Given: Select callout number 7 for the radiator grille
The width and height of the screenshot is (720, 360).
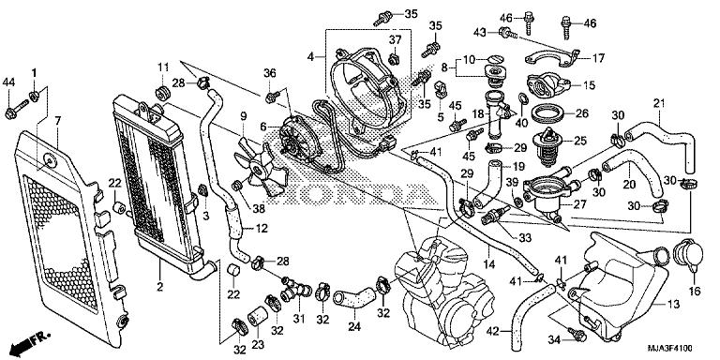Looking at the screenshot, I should tap(57, 121).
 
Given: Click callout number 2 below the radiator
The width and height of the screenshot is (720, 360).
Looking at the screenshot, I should tap(159, 285).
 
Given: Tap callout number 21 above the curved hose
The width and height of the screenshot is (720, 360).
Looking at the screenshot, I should tap(659, 103).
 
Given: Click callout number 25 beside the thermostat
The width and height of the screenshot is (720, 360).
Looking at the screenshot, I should tap(581, 141).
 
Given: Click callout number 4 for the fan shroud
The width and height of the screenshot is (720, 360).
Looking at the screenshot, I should tap(310, 57).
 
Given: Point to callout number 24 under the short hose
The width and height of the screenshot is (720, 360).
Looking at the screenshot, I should tap(353, 327).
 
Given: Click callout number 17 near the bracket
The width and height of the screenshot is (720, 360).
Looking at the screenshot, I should tap(596, 56).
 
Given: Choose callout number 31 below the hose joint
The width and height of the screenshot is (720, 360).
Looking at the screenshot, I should tap(299, 319).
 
